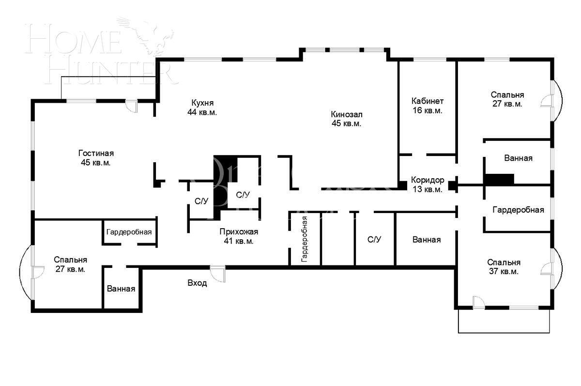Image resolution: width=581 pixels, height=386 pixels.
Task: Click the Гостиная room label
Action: (x=99, y=153)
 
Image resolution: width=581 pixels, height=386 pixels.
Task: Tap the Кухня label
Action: (x=202, y=103)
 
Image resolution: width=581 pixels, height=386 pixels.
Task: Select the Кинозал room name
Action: (x=347, y=114)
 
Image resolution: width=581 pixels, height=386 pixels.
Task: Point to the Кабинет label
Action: (x=427, y=101)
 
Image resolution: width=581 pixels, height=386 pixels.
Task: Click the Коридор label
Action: (x=427, y=180)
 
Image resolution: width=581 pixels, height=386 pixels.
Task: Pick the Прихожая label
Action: (x=239, y=232)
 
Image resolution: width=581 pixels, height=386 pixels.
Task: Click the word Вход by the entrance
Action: (x=197, y=283)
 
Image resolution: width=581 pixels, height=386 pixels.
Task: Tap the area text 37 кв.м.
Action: (x=504, y=272)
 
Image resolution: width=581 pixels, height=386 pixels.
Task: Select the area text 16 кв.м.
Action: (x=427, y=110)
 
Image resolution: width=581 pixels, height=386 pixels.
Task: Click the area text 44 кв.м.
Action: (x=202, y=112)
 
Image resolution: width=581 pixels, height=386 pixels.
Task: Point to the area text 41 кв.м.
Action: (x=239, y=241)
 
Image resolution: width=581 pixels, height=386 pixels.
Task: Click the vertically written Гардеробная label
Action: (x=305, y=239)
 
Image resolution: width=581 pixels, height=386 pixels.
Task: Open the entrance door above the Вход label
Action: (x=218, y=272)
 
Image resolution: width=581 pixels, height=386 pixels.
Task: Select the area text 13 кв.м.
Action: (x=427, y=189)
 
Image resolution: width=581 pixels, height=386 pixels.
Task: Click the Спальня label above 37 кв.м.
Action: (x=504, y=262)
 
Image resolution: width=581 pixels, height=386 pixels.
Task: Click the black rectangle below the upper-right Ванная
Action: (x=499, y=179)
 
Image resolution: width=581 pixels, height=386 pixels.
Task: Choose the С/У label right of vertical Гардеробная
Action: (x=374, y=239)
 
